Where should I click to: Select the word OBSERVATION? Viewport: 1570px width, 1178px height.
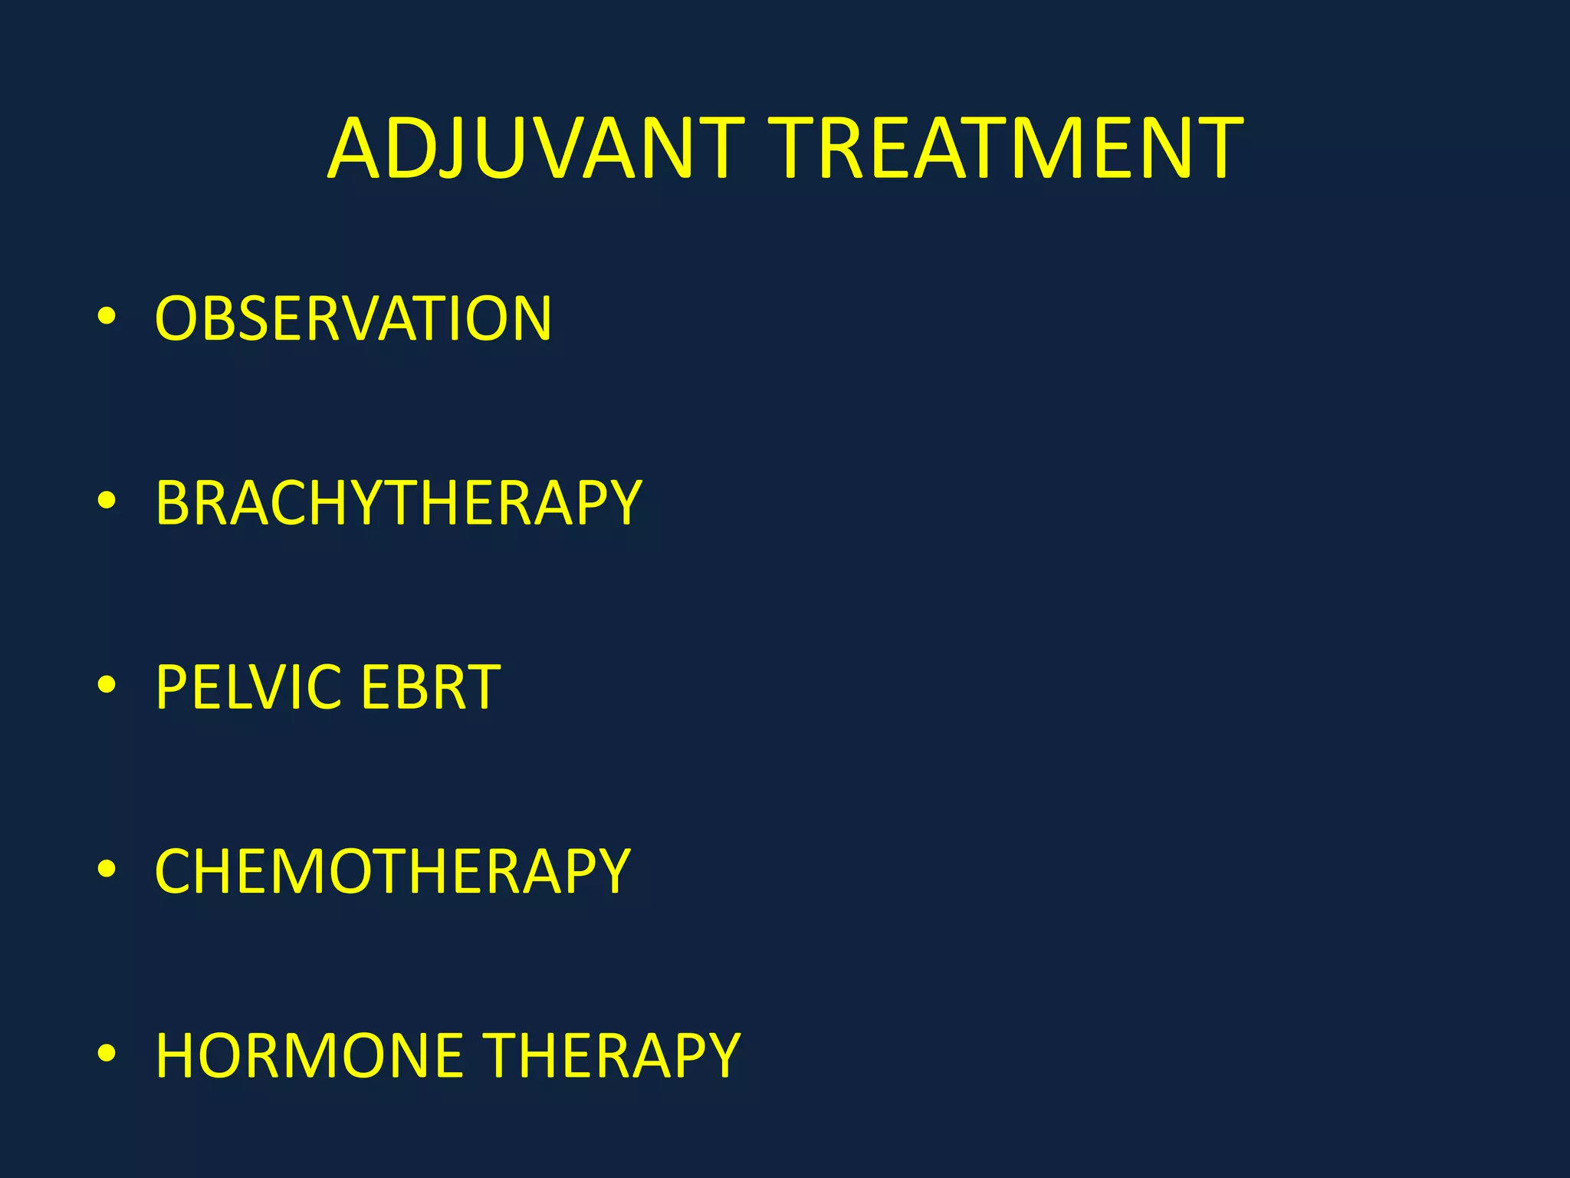(x=353, y=318)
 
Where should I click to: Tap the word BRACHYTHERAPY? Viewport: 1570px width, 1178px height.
(x=398, y=503)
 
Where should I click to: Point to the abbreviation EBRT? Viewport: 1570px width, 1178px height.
(x=430, y=687)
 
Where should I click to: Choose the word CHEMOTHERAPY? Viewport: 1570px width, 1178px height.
(x=392, y=872)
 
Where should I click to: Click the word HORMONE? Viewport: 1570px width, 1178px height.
(x=310, y=1056)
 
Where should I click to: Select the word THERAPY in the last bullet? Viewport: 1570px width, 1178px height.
(x=613, y=1056)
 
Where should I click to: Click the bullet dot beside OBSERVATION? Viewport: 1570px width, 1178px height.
(x=107, y=316)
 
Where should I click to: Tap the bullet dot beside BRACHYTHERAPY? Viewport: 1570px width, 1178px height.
(x=107, y=501)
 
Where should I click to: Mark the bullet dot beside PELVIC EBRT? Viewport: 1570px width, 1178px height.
(x=107, y=685)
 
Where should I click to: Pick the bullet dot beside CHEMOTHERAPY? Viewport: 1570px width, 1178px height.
(x=107, y=870)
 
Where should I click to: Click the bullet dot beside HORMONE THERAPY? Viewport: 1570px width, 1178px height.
(x=107, y=1054)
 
